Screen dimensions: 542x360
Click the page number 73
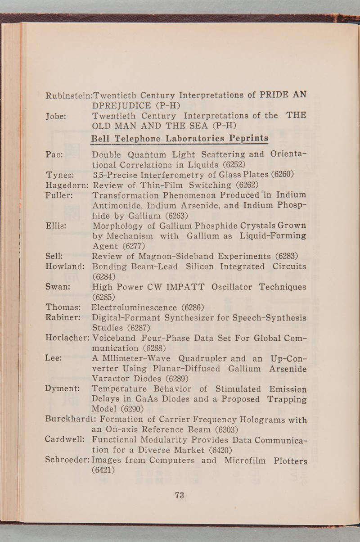pyautogui.click(x=180, y=495)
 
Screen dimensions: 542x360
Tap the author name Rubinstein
pyautogui.click(x=66, y=95)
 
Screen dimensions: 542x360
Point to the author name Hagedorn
pyautogui.click(x=66, y=184)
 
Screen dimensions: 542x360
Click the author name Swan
pyautogui.click(x=57, y=287)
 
